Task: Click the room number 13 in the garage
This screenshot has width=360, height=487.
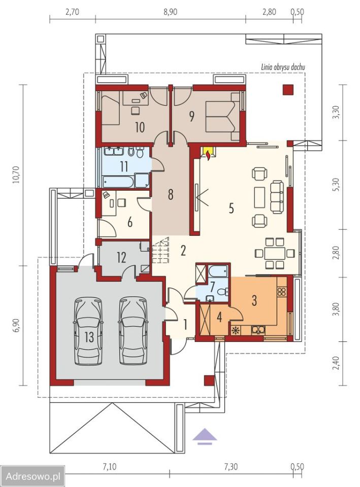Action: (x=89, y=337)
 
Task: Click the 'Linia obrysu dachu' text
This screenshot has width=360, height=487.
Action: (x=282, y=66)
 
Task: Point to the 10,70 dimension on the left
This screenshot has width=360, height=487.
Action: (x=16, y=175)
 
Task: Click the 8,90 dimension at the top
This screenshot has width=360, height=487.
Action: (x=171, y=12)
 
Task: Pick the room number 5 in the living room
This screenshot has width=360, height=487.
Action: (x=231, y=208)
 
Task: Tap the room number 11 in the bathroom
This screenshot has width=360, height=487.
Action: (x=124, y=166)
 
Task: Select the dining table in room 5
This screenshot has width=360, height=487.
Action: (x=275, y=253)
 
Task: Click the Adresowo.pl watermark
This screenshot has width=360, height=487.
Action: (x=33, y=476)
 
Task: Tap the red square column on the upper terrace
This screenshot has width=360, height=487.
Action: (x=288, y=89)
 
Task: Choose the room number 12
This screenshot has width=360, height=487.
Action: (x=121, y=257)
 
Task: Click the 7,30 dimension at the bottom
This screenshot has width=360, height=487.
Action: (x=231, y=467)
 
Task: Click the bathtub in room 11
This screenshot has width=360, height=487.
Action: (x=118, y=182)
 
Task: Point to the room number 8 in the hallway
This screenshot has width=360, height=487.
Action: (x=171, y=195)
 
